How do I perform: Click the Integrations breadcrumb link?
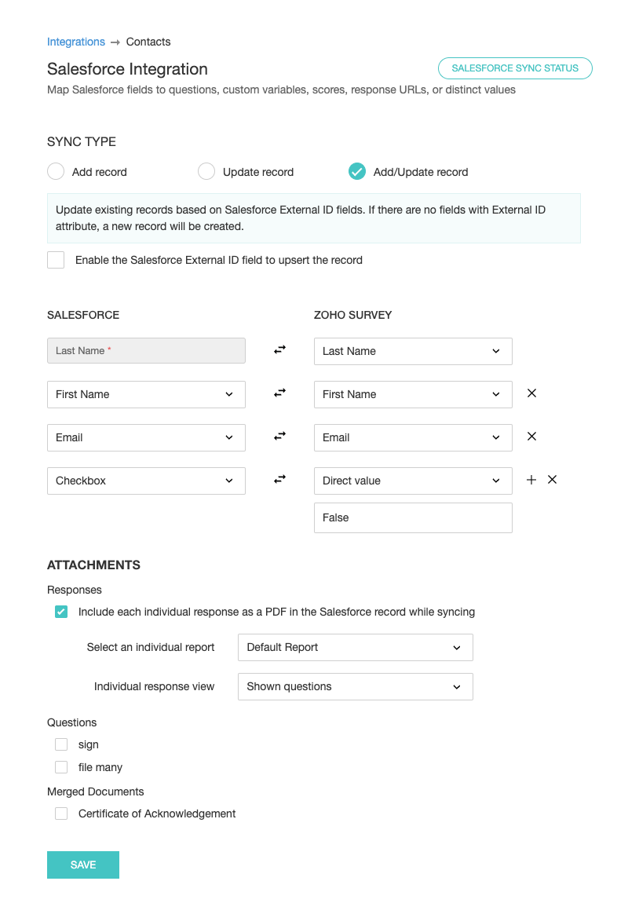75,42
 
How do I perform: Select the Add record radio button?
56,172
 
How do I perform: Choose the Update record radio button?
206,172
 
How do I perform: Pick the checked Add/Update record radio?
357,172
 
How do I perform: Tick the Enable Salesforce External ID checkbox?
56,260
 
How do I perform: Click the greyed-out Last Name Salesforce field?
146,351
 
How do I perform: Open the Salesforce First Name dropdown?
146,394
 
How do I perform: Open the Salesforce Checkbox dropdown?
146,481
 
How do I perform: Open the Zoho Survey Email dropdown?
413,437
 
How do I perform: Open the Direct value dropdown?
413,481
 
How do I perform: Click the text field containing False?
413,517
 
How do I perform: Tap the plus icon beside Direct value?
531,480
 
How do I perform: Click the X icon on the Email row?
531,437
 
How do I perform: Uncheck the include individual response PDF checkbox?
61,612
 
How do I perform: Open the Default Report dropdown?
355,647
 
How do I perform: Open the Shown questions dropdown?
355,686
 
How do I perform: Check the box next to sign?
61,744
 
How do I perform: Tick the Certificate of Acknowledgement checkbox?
61,813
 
